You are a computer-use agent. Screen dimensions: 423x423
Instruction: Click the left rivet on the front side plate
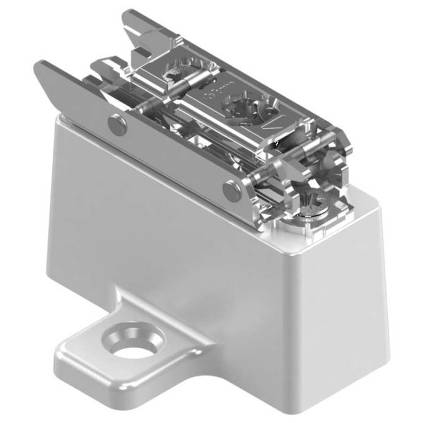(x=117, y=125)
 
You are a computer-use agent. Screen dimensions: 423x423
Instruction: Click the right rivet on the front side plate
(x=232, y=190)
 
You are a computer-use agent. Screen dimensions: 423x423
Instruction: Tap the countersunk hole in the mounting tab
(x=134, y=345)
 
